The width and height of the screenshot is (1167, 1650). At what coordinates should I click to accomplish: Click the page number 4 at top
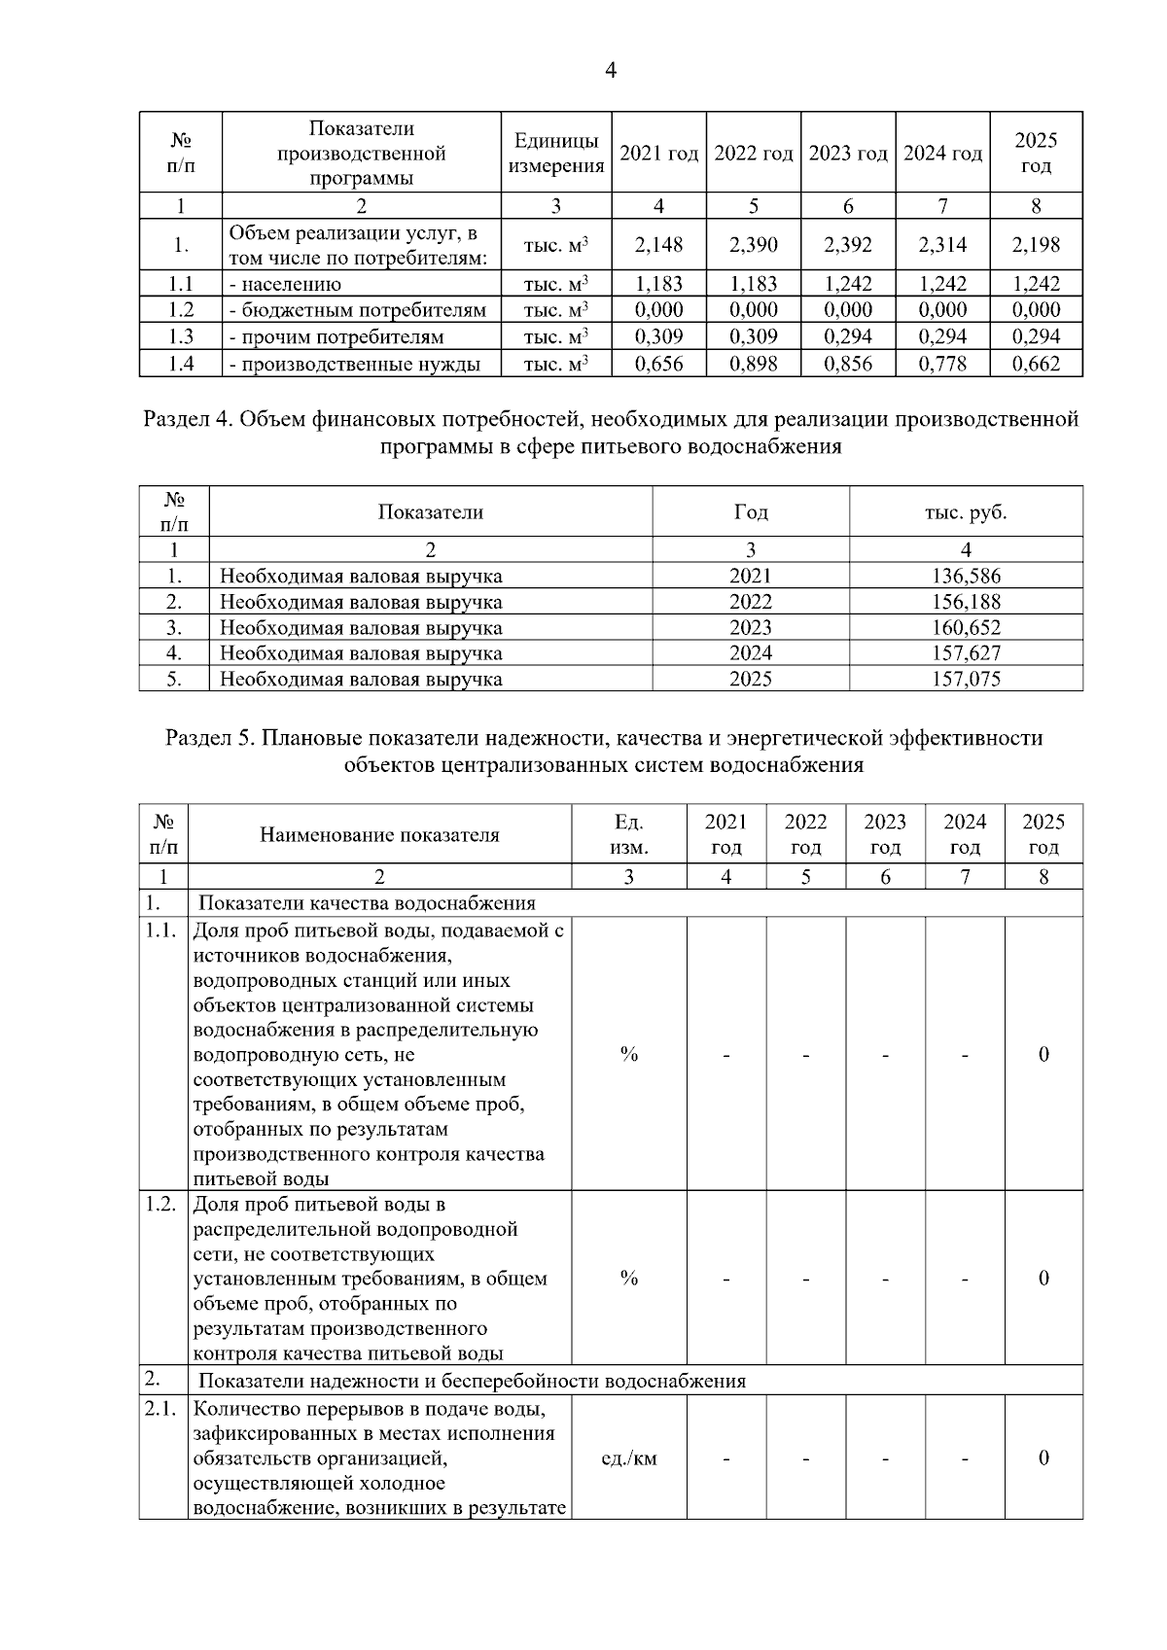(611, 71)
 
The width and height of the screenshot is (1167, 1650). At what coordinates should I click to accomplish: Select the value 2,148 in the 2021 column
(658, 245)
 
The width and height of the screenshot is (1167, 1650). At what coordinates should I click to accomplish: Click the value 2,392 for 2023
(848, 245)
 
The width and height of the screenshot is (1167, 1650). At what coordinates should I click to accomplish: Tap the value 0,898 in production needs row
(754, 364)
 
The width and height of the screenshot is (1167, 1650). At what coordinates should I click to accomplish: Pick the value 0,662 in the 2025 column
(1036, 364)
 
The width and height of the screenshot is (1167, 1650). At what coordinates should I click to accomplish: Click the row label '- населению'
(285, 285)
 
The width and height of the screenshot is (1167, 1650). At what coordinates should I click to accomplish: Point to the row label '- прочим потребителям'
(336, 337)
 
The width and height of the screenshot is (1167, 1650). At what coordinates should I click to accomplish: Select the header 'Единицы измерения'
(556, 153)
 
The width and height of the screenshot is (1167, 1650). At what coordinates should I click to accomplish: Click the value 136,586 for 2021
(966, 576)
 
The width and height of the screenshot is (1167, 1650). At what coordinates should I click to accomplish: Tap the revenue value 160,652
(966, 627)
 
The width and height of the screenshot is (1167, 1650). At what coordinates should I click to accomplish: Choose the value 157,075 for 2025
(966, 679)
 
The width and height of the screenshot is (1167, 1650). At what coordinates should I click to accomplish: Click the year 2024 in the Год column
(751, 652)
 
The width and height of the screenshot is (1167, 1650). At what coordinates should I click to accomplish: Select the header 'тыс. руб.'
(966, 511)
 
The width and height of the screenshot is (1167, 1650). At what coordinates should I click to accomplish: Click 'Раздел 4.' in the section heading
(188, 420)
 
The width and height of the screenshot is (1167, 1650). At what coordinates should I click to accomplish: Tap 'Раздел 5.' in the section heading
(211, 738)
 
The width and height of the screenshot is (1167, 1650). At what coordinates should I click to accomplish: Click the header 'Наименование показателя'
(379, 834)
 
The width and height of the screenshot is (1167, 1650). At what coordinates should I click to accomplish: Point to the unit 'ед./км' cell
(629, 1458)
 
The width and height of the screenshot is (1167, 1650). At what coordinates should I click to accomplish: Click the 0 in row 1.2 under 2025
(1043, 1279)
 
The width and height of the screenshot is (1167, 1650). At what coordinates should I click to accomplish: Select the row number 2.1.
(160, 1408)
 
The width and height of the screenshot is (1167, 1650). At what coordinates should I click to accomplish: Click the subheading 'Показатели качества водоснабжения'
(367, 903)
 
